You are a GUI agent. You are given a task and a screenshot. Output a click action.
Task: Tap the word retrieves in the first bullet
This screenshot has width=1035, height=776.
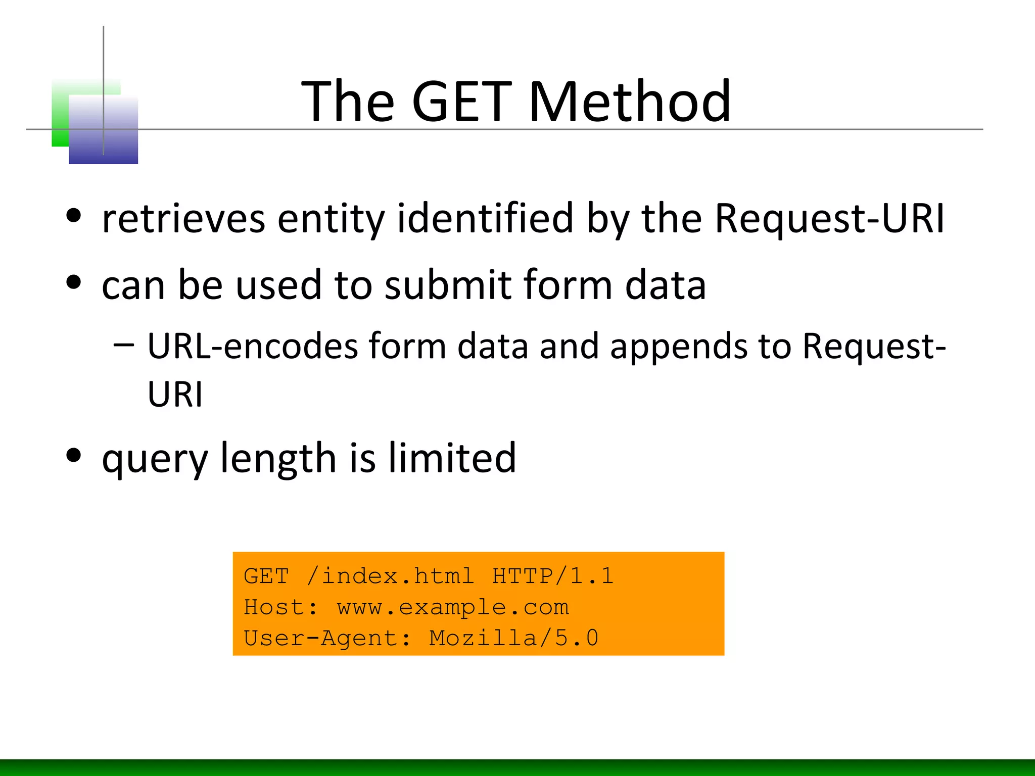(x=183, y=218)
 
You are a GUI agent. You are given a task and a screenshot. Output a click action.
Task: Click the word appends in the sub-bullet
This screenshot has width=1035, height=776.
(x=678, y=348)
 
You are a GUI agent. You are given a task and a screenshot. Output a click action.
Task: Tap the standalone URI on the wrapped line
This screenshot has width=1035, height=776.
(x=175, y=394)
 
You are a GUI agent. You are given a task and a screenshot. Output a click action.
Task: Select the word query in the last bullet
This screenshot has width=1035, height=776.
(x=155, y=459)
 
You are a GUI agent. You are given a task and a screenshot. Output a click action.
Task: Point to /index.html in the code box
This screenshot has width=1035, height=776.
(x=390, y=576)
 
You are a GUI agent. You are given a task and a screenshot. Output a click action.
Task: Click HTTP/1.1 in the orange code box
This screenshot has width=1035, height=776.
(x=553, y=576)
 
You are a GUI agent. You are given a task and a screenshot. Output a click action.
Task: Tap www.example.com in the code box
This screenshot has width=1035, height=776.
(x=453, y=607)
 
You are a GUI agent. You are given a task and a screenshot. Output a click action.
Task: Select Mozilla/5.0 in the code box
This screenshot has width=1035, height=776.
(x=513, y=638)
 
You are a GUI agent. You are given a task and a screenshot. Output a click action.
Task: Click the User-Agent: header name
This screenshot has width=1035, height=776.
(x=327, y=638)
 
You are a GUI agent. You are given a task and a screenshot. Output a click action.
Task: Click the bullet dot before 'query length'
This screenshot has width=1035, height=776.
(x=74, y=456)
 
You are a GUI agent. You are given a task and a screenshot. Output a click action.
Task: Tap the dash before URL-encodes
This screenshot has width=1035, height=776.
(x=124, y=345)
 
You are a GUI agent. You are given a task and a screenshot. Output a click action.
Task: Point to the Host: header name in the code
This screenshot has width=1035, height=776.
(x=280, y=607)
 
